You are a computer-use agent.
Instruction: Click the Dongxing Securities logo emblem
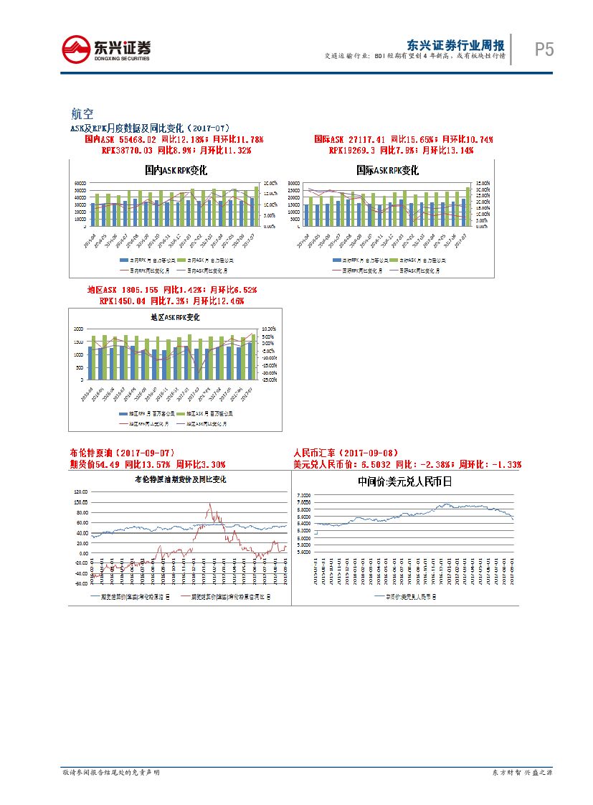(x=76, y=49)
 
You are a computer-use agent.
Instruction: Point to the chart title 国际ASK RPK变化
(x=388, y=171)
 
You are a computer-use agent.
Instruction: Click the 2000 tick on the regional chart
(x=78, y=329)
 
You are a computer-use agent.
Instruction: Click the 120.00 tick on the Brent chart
(x=80, y=492)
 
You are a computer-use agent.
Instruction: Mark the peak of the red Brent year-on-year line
(x=209, y=504)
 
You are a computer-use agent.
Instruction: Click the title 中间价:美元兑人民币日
(x=405, y=481)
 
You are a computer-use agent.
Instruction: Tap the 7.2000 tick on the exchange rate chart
(x=303, y=496)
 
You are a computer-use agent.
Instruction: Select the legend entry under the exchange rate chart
(x=406, y=596)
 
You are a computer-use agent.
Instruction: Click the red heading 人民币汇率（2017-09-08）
(x=344, y=453)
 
